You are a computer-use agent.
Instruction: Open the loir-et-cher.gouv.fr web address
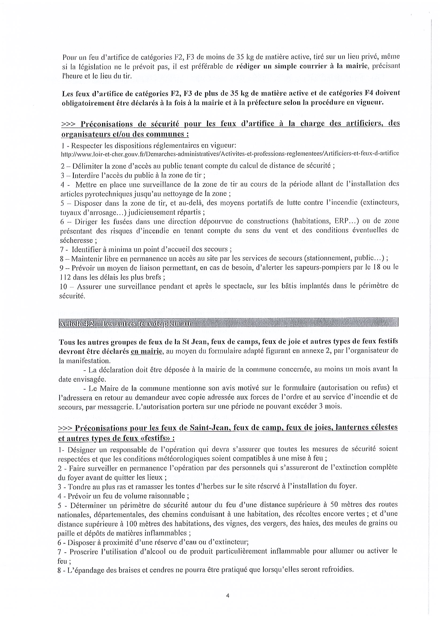point(230,154)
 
